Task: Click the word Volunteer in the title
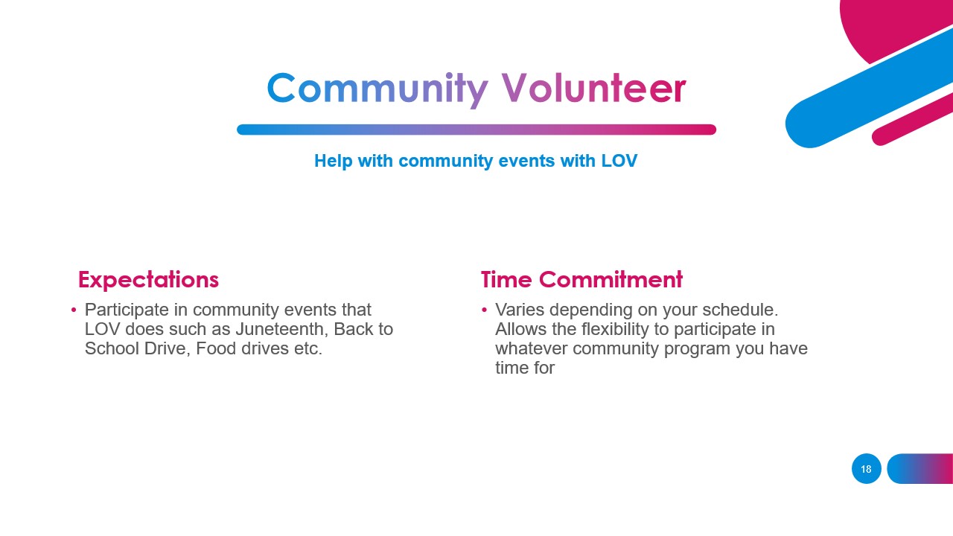[593, 89]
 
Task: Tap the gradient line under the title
[476, 130]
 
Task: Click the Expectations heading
[148, 280]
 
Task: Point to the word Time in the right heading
[506, 280]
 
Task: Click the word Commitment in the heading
[611, 280]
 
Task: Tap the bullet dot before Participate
[74, 310]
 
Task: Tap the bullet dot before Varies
[484, 310]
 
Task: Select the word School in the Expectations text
[109, 348]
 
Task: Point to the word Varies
[520, 310]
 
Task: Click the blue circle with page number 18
[866, 469]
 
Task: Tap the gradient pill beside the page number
[920, 469]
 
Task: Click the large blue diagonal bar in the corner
[867, 89]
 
